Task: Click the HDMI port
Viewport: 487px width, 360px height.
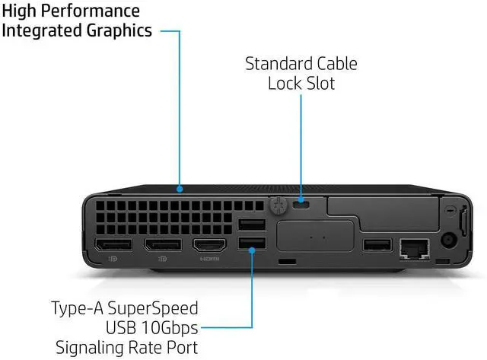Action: (210, 245)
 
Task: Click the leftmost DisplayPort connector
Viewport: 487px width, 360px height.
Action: (113, 245)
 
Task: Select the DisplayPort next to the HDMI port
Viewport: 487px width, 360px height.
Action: (163, 245)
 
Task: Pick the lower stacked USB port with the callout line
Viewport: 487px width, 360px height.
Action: (251, 244)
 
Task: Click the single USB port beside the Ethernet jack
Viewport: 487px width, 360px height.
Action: (377, 245)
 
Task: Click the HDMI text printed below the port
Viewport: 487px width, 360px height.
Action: (210, 260)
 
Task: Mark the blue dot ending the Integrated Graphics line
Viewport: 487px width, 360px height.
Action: (180, 187)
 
